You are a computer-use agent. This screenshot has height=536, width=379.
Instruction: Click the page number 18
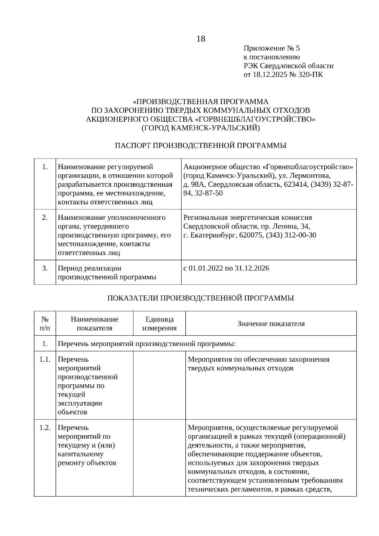click(201, 39)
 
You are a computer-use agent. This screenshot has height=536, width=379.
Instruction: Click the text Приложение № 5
click(272, 48)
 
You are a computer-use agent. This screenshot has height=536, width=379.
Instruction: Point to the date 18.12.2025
click(269, 75)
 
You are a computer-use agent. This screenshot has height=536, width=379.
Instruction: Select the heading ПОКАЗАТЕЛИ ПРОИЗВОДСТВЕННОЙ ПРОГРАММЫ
click(201, 298)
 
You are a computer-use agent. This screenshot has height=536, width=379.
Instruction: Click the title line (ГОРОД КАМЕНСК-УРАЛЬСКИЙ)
click(201, 128)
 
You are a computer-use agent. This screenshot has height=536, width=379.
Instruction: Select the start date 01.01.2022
click(206, 268)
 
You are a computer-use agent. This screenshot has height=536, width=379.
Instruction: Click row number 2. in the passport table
click(45, 218)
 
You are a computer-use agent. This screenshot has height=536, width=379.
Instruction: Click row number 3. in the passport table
click(45, 268)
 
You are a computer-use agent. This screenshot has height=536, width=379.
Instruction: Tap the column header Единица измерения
click(159, 323)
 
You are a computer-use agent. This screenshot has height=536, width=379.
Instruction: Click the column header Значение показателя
click(271, 323)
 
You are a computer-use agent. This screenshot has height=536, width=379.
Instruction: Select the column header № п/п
click(45, 323)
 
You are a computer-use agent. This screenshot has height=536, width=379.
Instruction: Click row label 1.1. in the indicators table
click(45, 359)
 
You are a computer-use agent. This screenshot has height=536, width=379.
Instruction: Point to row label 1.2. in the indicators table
click(45, 428)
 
